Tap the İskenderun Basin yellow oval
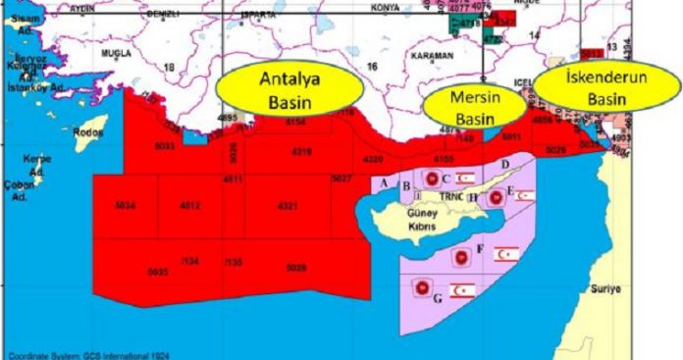(605, 86)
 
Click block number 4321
(288, 206)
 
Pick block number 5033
(164, 146)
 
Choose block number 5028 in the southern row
(296, 267)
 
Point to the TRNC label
(450, 196)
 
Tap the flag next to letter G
(462, 290)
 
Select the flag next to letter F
(505, 255)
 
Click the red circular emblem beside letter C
(431, 178)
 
